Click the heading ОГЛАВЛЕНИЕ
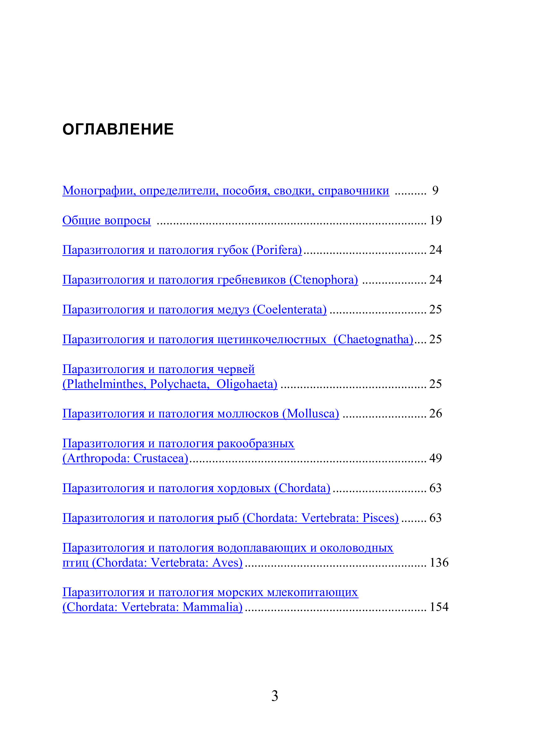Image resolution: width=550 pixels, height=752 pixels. click(x=118, y=129)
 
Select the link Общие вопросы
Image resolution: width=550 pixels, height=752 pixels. click(x=106, y=220)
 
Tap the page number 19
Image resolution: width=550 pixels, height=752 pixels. click(x=435, y=220)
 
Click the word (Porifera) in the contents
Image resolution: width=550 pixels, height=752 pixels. click(x=277, y=250)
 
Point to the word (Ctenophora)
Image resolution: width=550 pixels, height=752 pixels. click(x=324, y=280)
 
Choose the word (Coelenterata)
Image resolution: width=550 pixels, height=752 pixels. click(x=290, y=310)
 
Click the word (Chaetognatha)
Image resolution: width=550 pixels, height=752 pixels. click(x=373, y=339)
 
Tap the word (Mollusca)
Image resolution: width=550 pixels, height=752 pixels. click(x=311, y=413)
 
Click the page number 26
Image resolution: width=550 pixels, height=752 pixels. click(x=435, y=413)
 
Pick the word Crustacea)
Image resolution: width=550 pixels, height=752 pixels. click(x=161, y=458)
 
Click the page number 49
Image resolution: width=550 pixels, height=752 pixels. click(x=435, y=458)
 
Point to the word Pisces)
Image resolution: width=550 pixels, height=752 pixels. click(x=381, y=518)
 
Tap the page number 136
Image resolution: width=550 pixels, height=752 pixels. click(x=439, y=563)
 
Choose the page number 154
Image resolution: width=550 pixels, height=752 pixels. click(x=439, y=607)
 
